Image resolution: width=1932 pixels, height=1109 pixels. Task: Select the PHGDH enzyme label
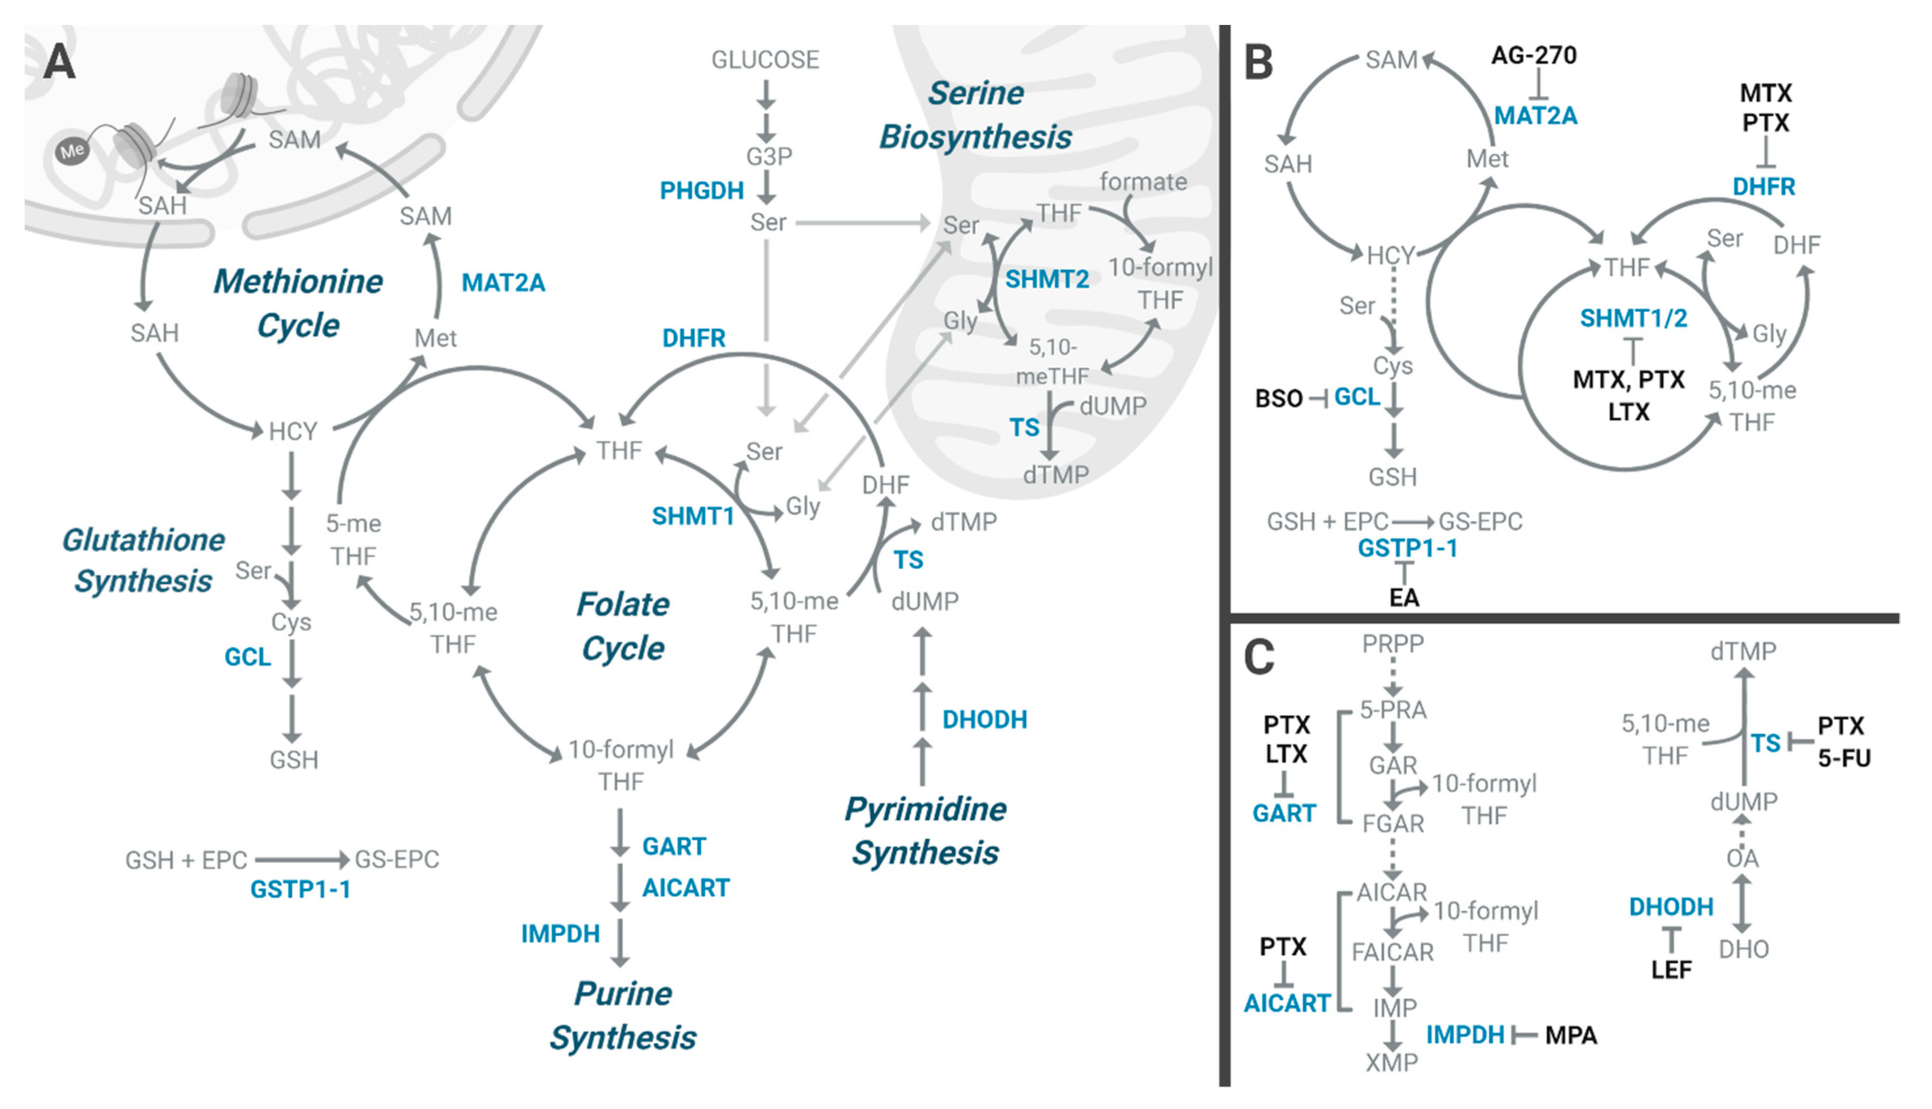tap(701, 191)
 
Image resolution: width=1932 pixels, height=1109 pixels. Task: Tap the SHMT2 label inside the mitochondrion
tap(1047, 280)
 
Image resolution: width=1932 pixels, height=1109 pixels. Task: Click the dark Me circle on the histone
tap(72, 151)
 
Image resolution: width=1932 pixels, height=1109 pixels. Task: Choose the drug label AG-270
tap(1533, 55)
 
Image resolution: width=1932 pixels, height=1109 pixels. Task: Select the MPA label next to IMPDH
tap(1571, 1035)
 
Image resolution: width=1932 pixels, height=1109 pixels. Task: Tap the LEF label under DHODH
tap(1671, 970)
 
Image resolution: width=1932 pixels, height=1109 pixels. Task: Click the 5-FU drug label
tap(1844, 758)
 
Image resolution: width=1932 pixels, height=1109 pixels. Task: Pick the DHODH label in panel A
tap(984, 719)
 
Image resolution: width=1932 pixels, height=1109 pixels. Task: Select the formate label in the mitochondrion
tap(1143, 181)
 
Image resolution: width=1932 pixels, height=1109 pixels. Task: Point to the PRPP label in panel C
tap(1393, 643)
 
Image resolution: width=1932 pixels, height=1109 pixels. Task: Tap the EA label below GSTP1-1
tap(1403, 598)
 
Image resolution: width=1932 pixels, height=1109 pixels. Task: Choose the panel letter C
tap(1258, 656)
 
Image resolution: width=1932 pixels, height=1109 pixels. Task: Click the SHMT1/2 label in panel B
tap(1633, 318)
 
